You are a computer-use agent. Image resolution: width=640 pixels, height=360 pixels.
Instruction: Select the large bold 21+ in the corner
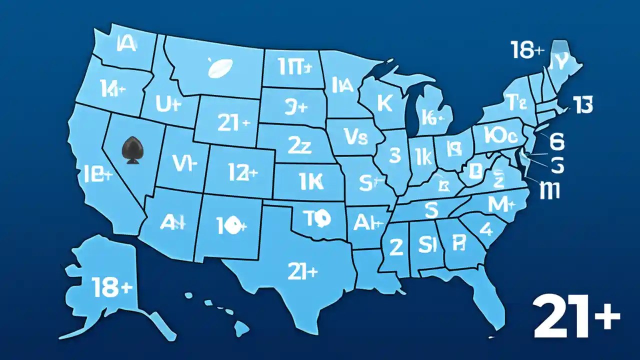(x=576, y=316)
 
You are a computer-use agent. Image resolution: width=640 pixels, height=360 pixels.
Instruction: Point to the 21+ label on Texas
(x=302, y=271)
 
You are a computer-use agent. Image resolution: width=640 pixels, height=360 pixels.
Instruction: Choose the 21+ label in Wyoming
(x=233, y=122)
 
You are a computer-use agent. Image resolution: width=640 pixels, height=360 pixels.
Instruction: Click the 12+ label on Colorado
(x=242, y=172)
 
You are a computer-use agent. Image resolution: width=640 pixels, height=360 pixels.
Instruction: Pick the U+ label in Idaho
(x=167, y=104)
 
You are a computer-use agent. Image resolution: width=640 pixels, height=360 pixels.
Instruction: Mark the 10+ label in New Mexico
(x=230, y=224)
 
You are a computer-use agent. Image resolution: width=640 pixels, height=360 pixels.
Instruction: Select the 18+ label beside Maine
(x=527, y=50)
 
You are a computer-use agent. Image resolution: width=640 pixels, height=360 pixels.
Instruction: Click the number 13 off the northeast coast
(x=582, y=106)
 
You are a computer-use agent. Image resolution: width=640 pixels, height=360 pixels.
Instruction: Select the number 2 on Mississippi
(x=396, y=246)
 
